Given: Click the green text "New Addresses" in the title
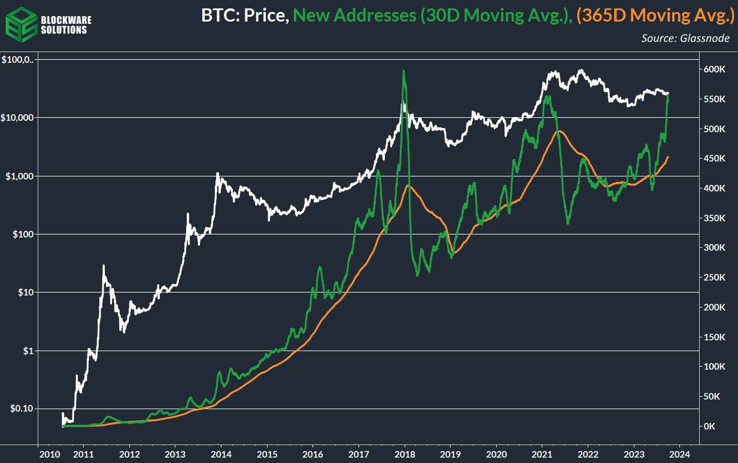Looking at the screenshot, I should click(353, 16).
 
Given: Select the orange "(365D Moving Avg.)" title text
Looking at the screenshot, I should click(655, 16).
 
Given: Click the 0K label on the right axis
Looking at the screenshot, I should click(710, 427).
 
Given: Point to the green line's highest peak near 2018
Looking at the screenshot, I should click(404, 71).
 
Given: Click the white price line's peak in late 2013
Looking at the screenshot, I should click(217, 173).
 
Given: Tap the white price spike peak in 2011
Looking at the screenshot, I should click(104, 266).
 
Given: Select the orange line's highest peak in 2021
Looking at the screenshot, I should click(558, 131).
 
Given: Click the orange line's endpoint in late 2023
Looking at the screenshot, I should click(668, 157).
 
